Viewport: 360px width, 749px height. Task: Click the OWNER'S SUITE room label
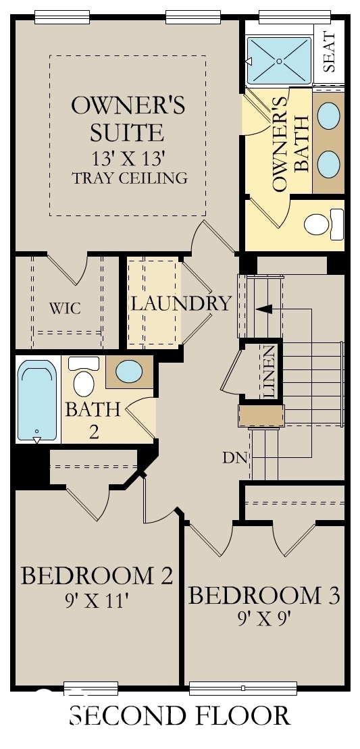click(x=128, y=118)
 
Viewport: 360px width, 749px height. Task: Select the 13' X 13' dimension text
click(x=128, y=159)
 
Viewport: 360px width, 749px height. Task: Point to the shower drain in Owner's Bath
click(x=279, y=61)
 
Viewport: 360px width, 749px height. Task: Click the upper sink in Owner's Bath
click(x=329, y=115)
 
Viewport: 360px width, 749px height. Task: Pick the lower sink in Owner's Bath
click(x=329, y=163)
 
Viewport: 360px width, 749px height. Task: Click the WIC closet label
click(x=65, y=309)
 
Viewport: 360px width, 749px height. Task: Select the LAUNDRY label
click(x=180, y=303)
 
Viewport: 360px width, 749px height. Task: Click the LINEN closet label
click(x=269, y=371)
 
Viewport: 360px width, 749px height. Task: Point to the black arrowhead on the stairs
click(x=263, y=309)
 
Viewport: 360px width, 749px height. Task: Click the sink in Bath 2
click(x=128, y=371)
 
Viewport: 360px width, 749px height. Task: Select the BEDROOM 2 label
click(x=97, y=576)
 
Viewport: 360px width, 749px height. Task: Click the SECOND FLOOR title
click(x=180, y=715)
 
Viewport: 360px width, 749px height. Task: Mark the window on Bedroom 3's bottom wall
click(x=242, y=688)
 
